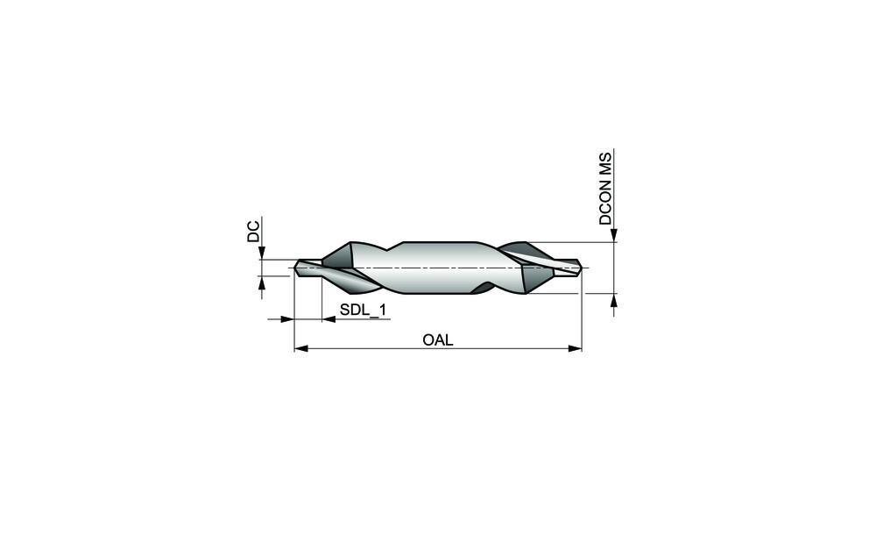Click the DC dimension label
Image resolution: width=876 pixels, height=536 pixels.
pyautogui.click(x=254, y=231)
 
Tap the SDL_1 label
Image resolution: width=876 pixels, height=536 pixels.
pyautogui.click(x=364, y=310)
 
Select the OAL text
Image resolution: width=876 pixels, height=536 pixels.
pyautogui.click(x=438, y=339)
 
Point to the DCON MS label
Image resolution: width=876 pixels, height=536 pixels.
pyautogui.click(x=605, y=188)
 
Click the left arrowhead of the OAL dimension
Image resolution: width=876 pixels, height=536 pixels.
pyautogui.click(x=301, y=348)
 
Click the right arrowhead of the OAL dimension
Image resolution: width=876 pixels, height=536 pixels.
pyautogui.click(x=575, y=348)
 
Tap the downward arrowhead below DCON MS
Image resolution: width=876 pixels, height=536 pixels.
pyautogui.click(x=614, y=235)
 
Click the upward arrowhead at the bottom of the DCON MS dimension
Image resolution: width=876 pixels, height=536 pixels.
pyautogui.click(x=614, y=300)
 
